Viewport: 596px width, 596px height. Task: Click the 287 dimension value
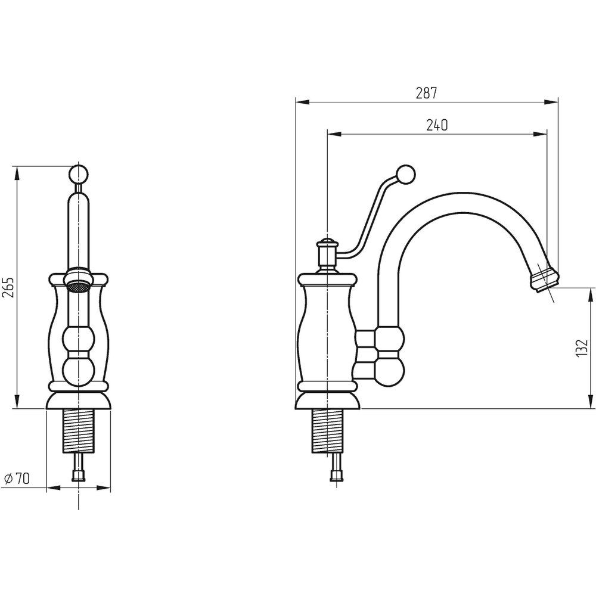(x=426, y=93)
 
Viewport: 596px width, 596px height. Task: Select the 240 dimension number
(x=437, y=125)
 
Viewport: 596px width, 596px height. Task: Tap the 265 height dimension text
(x=9, y=288)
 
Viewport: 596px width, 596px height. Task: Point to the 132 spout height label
(x=581, y=348)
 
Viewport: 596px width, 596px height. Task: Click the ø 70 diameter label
(x=16, y=479)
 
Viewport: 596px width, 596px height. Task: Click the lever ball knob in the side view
(x=405, y=175)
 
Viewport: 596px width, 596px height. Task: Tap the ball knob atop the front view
(x=79, y=175)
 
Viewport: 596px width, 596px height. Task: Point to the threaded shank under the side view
(x=326, y=432)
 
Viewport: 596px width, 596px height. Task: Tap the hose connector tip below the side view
(x=336, y=475)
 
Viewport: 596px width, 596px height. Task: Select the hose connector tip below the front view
(x=79, y=475)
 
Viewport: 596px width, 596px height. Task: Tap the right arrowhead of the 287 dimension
(x=551, y=102)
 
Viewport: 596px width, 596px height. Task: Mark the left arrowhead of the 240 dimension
(x=334, y=134)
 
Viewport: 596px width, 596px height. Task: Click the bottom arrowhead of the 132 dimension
(x=591, y=402)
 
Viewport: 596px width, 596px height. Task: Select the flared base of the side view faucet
(x=328, y=401)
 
